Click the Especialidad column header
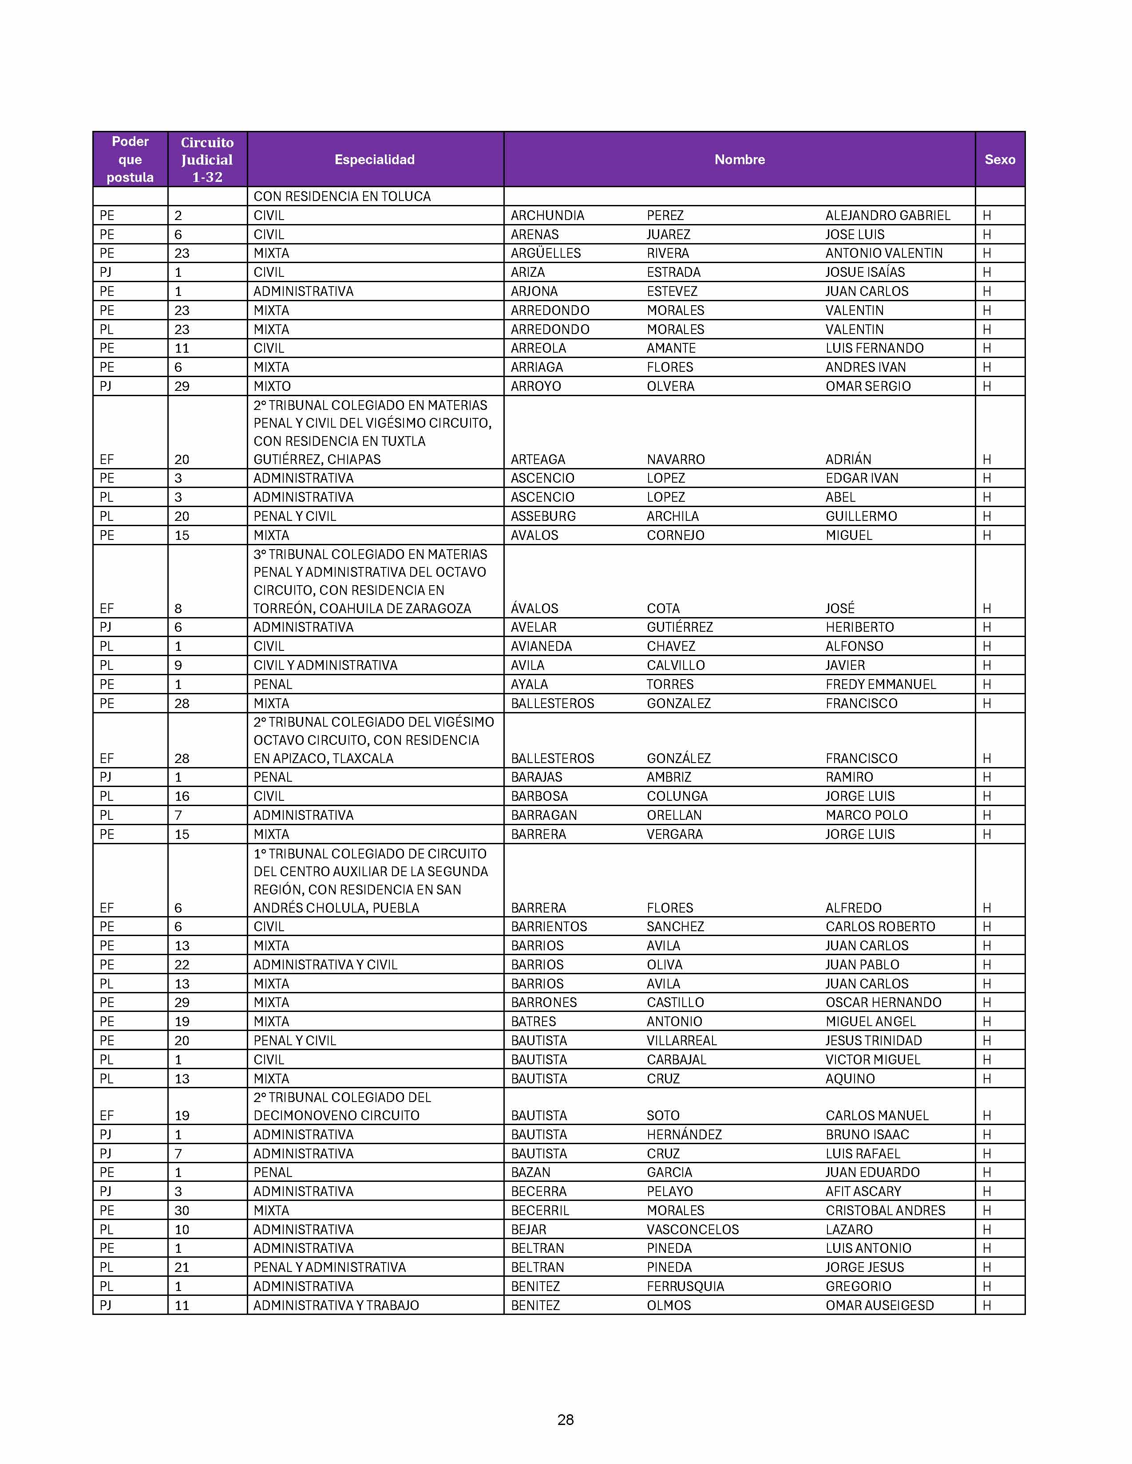tap(374, 160)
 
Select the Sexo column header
tap(999, 160)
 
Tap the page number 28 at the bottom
tap(565, 1420)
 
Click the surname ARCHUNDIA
tap(547, 215)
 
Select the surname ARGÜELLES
tap(545, 253)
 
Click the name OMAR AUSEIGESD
tap(879, 1305)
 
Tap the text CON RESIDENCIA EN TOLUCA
tap(341, 197)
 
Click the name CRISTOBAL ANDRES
tap(885, 1211)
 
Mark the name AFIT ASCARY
tap(863, 1191)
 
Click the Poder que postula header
tap(130, 160)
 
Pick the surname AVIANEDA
tap(541, 646)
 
